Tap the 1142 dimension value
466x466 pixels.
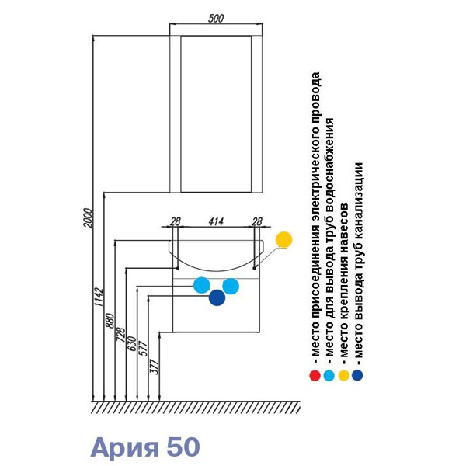99,301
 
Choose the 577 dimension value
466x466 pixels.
142,349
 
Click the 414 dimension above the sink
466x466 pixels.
216,221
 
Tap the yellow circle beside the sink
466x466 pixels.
284,240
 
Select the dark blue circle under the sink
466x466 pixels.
216,297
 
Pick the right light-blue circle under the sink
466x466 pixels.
230,285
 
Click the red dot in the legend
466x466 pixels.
315,376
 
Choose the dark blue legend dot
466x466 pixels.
357,376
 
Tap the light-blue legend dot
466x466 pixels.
329,376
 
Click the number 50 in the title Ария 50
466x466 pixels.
183,447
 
